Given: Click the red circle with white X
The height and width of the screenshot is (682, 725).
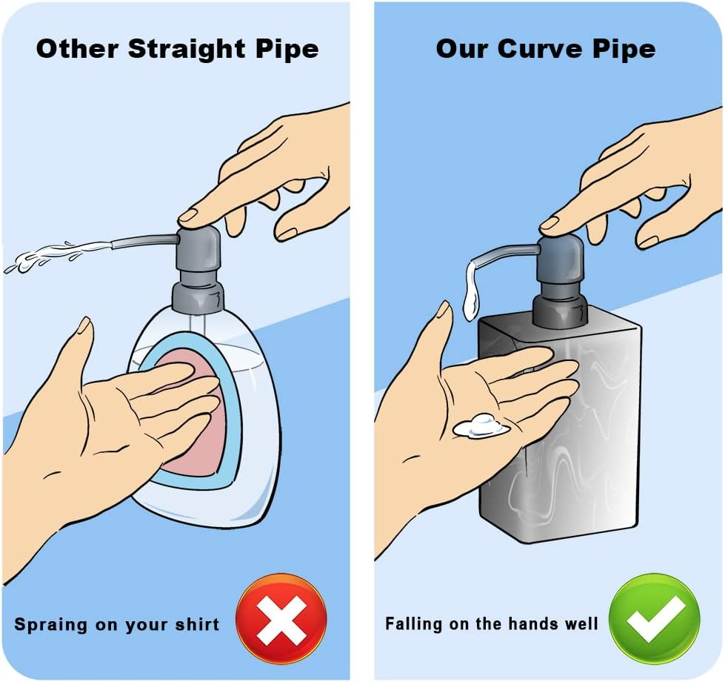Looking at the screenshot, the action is point(281,620).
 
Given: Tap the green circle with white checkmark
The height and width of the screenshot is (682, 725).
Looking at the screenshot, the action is point(654,619).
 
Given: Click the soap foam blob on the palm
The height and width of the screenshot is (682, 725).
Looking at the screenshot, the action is point(481,426).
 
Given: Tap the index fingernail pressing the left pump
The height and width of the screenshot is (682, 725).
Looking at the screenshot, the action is point(188,215).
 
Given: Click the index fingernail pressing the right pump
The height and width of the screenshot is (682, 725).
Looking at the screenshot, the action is point(549,223).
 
